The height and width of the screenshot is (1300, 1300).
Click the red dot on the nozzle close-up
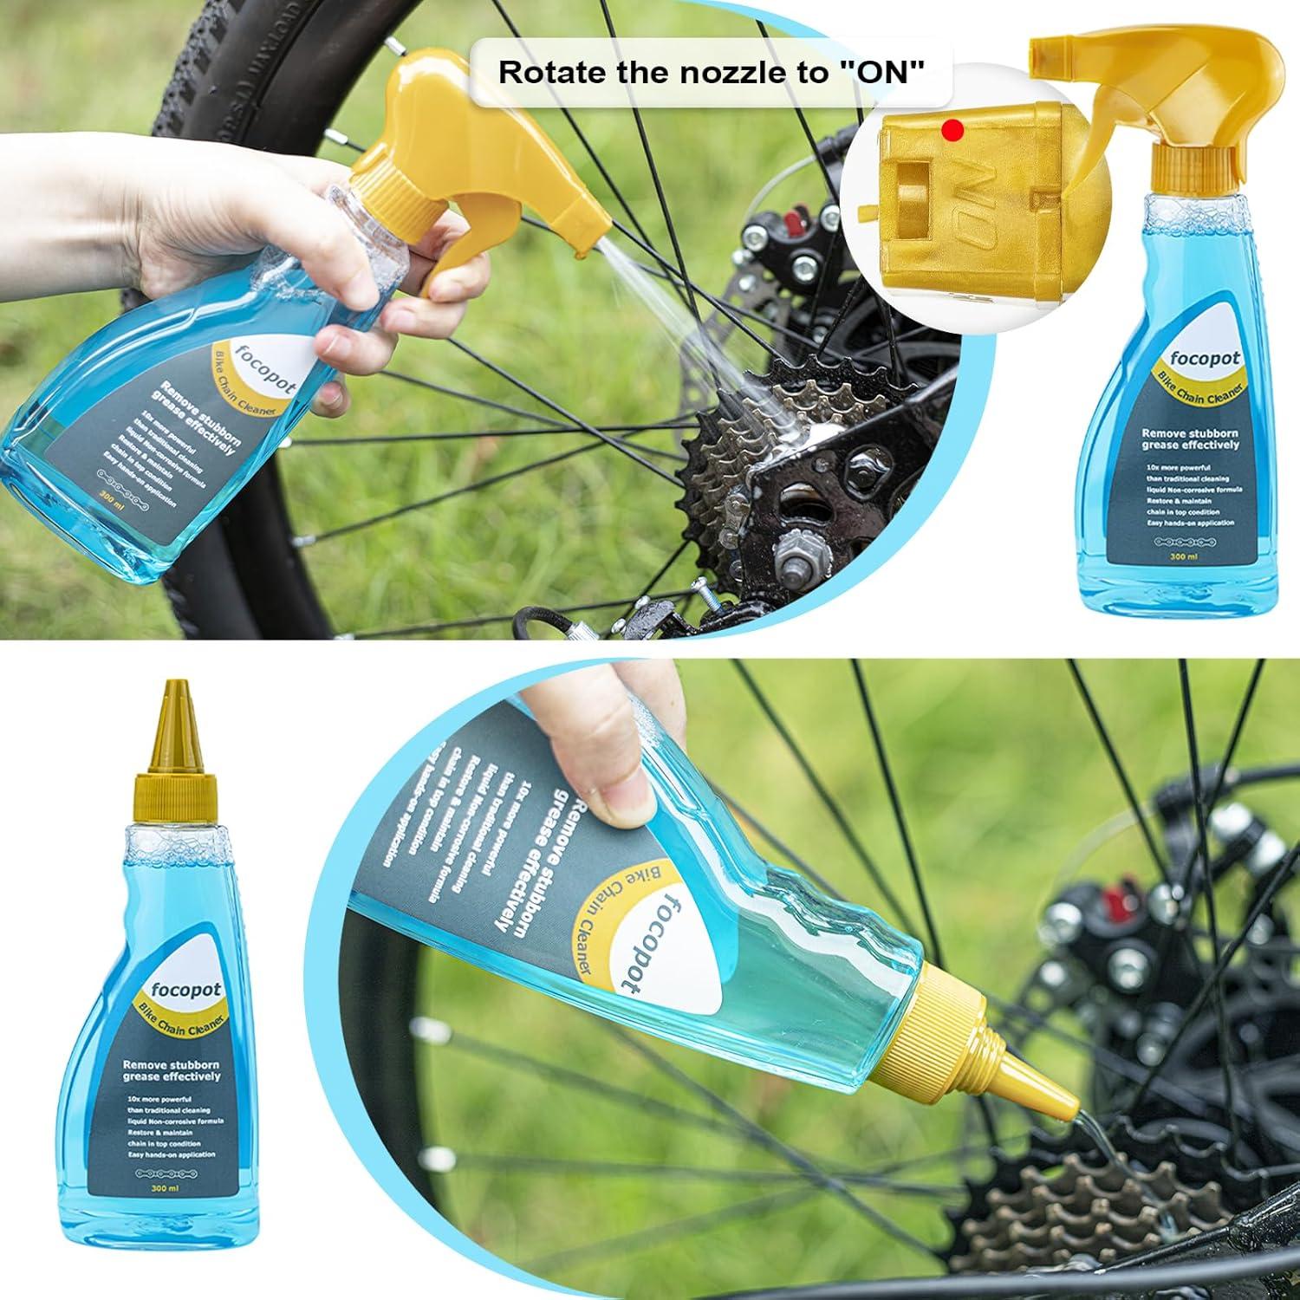click(x=954, y=131)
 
